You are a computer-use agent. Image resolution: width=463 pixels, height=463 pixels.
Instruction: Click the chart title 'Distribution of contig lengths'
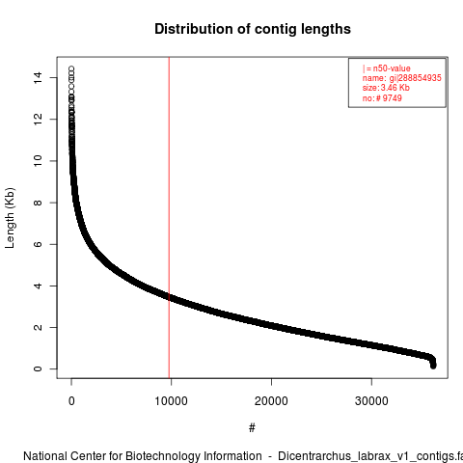pos(253,29)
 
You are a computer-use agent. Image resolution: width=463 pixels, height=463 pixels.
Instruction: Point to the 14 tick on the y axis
pos(38,78)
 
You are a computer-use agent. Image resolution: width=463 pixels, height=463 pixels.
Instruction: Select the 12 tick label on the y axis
pos(38,120)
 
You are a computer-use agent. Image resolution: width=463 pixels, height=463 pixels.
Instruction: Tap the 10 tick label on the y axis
pos(38,161)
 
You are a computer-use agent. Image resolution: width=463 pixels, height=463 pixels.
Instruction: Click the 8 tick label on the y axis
pos(38,203)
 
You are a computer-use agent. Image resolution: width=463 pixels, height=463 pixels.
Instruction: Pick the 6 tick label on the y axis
pos(38,244)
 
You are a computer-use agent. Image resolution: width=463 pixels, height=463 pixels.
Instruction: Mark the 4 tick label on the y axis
pos(38,286)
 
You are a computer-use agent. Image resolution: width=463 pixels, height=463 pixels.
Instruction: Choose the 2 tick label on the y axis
pos(38,327)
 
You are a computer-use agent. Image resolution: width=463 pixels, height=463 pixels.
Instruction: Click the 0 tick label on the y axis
pos(38,368)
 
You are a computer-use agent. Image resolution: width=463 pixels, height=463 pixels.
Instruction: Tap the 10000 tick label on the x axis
pos(171,401)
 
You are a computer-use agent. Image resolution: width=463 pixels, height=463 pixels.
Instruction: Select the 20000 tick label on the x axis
pos(271,401)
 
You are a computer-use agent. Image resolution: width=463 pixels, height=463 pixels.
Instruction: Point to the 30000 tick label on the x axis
pos(371,401)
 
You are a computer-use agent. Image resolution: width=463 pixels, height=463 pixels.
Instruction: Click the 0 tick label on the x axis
pos(71,401)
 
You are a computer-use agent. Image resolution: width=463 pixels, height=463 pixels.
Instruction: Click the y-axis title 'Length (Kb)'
pos(10,218)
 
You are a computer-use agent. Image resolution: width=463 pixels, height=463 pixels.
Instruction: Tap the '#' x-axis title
pos(252,428)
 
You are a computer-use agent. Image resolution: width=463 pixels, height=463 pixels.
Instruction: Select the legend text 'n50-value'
pos(392,68)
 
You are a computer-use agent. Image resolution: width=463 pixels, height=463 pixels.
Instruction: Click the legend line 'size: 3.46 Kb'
pos(386,88)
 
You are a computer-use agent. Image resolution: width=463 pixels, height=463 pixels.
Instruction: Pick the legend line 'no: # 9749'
pos(382,98)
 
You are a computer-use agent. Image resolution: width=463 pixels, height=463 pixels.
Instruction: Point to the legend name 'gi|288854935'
pos(416,78)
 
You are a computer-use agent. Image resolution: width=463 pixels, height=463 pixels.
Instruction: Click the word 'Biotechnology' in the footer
pos(194,456)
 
